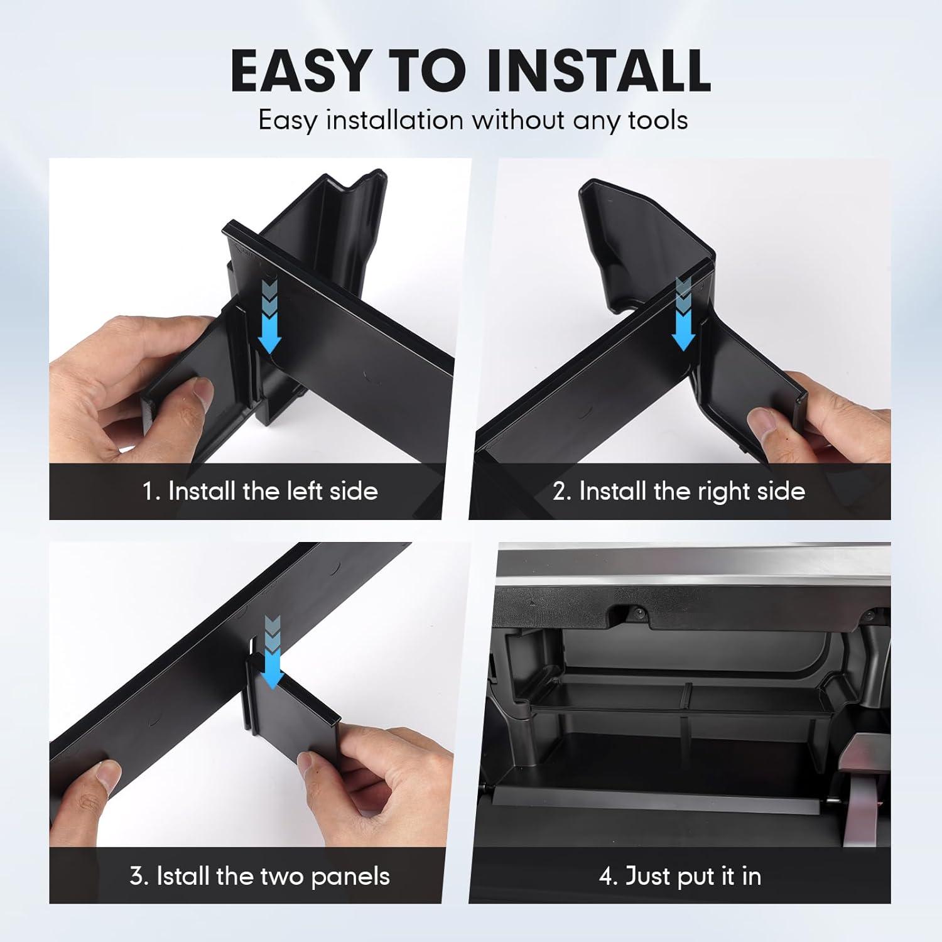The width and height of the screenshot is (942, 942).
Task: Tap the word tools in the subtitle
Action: (658, 119)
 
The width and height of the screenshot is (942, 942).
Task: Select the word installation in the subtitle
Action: (394, 119)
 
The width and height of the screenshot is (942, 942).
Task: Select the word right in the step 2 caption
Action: (719, 490)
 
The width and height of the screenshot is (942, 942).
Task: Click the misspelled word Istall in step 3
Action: (183, 875)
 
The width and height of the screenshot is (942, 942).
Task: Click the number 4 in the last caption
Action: (607, 875)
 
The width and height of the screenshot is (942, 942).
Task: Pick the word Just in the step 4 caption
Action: (647, 875)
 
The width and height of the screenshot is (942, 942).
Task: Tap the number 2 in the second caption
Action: (560, 490)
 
